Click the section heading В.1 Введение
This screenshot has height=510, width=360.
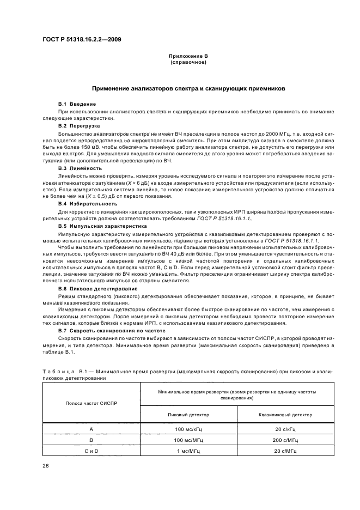(x=77, y=104)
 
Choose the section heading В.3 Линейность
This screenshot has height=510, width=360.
(x=80, y=168)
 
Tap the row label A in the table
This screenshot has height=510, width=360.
(x=91, y=429)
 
